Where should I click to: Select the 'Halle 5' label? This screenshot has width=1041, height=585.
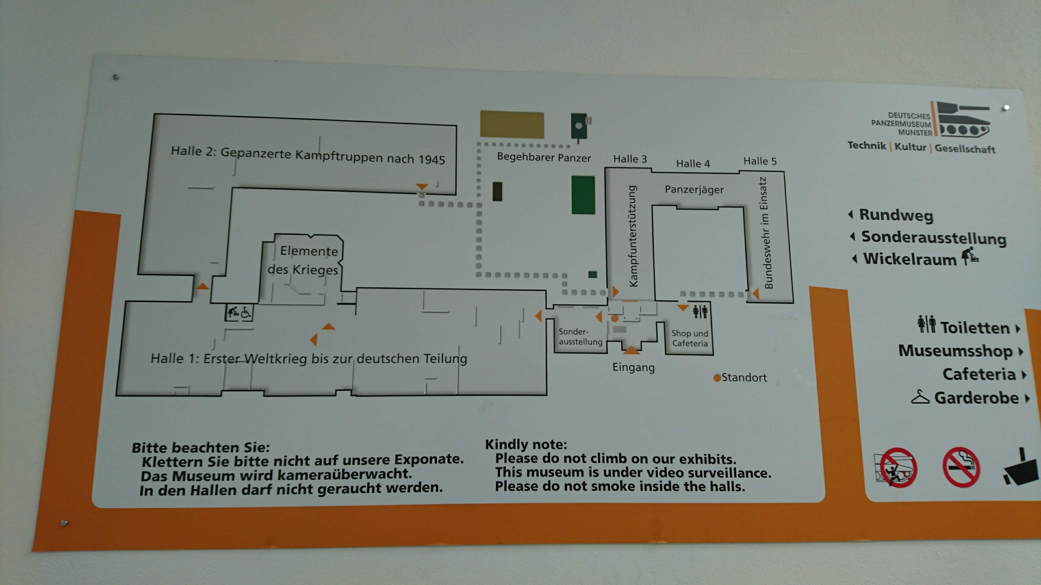pyautogui.click(x=760, y=161)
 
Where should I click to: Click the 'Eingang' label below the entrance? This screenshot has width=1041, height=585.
pyautogui.click(x=633, y=368)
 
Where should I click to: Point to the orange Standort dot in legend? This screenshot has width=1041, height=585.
pyautogui.click(x=717, y=378)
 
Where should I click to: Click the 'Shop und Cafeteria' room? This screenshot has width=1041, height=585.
pyautogui.click(x=689, y=338)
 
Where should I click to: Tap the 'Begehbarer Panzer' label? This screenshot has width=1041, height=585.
pyautogui.click(x=544, y=157)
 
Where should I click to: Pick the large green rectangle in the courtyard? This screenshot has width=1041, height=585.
pyautogui.click(x=583, y=195)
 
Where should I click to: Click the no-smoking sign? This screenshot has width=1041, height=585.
pyautogui.click(x=961, y=467)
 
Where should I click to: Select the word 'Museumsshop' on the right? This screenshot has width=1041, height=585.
pyautogui.click(x=955, y=351)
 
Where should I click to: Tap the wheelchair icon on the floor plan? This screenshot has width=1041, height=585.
pyautogui.click(x=246, y=312)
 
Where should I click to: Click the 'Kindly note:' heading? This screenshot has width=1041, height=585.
pyautogui.click(x=526, y=444)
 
